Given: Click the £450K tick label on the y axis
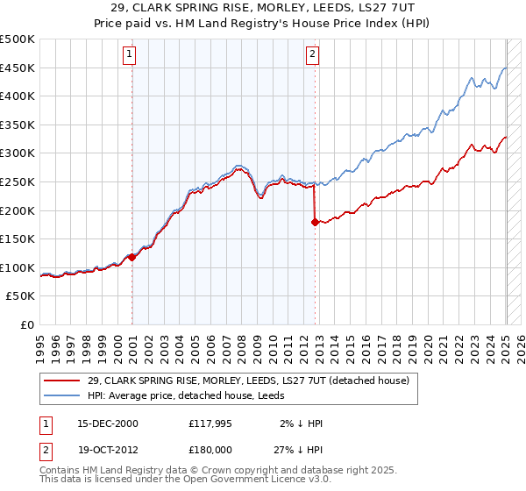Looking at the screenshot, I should pyautogui.click(x=18, y=68).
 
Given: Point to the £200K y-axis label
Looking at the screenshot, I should pyautogui.click(x=18, y=210).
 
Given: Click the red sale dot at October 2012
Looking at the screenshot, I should pyautogui.click(x=315, y=222).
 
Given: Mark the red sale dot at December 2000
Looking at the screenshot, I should pyautogui.click(x=132, y=257).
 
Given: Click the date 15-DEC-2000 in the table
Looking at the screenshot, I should pyautogui.click(x=107, y=423).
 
